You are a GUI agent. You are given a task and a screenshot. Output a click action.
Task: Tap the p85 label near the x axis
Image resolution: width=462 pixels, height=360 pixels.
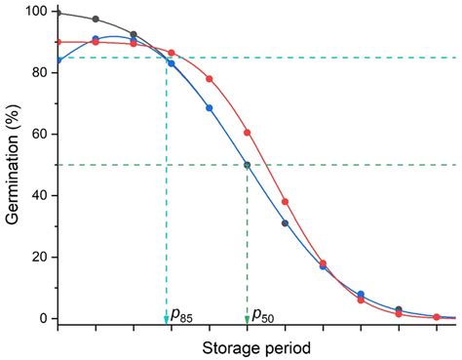(182, 315)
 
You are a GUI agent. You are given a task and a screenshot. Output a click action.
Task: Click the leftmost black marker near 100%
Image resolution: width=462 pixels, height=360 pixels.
(58, 13)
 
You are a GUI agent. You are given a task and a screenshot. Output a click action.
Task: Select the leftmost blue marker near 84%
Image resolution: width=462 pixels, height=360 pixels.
(58, 60)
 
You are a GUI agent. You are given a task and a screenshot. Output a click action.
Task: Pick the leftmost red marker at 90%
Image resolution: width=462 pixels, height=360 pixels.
(58, 43)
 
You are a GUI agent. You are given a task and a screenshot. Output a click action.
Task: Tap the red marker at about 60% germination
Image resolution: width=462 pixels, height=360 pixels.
(248, 133)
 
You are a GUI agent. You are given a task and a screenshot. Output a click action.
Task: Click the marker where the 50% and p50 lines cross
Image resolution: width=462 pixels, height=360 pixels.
(247, 165)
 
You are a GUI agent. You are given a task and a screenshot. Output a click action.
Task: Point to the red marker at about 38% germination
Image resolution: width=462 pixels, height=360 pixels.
(286, 202)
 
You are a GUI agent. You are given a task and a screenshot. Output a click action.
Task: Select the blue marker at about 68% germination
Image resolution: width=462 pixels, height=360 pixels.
(210, 108)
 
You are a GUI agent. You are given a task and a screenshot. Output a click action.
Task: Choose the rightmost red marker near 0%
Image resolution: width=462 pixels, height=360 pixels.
(437, 317)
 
